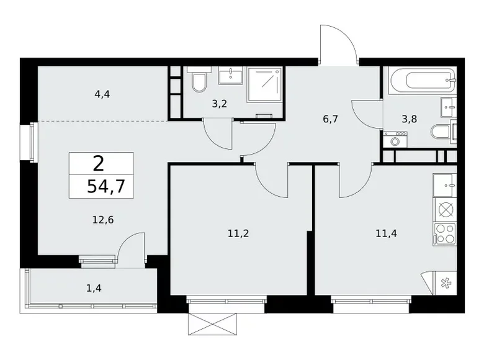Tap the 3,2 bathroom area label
218,104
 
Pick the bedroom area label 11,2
239,233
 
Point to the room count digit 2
98,164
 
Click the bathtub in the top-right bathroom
421,79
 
